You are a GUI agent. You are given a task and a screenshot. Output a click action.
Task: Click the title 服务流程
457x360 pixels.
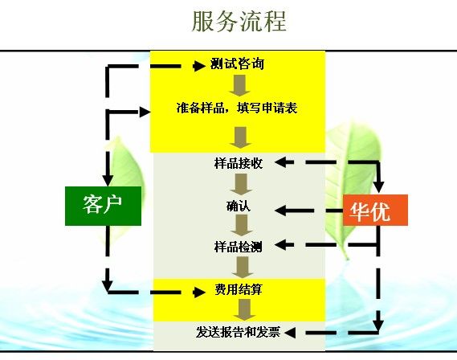tap(239, 21)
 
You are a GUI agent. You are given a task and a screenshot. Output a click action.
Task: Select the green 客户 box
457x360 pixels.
tap(103, 206)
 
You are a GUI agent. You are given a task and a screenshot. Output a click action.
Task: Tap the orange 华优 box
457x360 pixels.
tap(375, 211)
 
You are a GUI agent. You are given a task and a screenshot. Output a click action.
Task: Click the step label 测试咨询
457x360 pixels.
tap(237, 63)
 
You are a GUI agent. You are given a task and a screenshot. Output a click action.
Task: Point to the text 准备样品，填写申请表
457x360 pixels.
tap(237, 108)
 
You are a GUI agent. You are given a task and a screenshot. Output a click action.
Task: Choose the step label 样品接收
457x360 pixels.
tap(239, 163)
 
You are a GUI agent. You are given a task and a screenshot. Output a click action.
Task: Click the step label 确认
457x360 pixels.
tap(239, 206)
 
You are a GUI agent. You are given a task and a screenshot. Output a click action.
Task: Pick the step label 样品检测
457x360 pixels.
tap(239, 247)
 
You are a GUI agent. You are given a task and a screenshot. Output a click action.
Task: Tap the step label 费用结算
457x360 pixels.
tap(239, 289)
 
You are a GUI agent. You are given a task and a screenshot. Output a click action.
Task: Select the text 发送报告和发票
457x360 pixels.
tap(238, 332)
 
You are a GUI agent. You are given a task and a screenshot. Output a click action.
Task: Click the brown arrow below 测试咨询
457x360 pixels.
tap(239, 86)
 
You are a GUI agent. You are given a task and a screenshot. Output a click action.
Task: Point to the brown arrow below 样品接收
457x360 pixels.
tap(241, 185)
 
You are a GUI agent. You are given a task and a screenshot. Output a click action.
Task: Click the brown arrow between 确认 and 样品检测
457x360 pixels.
tap(242, 225)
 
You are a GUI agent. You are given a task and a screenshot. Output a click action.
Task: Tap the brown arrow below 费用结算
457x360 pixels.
tap(244, 310)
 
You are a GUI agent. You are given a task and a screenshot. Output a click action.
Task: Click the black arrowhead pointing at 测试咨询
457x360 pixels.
tap(199, 66)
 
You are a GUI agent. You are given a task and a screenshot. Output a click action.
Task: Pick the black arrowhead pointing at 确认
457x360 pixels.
tap(280, 211)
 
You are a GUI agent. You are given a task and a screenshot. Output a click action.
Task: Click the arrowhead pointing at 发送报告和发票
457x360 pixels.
tap(290, 333)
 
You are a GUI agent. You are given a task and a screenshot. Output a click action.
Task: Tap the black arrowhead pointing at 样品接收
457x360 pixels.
tap(280, 162)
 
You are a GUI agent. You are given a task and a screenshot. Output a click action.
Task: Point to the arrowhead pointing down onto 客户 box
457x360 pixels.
tap(108, 181)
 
